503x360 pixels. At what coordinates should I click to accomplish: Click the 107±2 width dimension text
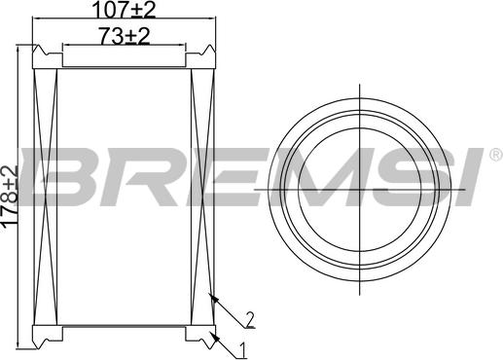tap(125, 10)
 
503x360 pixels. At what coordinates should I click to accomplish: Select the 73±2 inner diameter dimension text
tap(125, 36)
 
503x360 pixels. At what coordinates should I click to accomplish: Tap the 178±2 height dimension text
tap(10, 198)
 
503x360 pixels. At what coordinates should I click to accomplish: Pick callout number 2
tap(249, 319)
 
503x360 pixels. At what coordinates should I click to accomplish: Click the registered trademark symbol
tap(496, 155)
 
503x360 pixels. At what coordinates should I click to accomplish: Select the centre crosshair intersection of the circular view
tap(360, 189)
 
